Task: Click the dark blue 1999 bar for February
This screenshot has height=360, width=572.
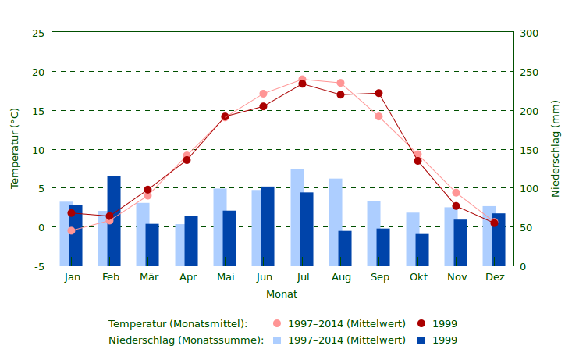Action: click(x=114, y=221)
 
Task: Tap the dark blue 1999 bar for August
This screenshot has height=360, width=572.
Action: click(x=345, y=248)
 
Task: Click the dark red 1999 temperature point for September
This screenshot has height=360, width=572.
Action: click(x=379, y=93)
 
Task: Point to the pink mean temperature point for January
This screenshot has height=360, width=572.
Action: click(x=71, y=230)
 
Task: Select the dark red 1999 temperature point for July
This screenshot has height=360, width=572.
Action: click(x=302, y=84)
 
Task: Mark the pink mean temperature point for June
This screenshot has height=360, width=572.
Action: click(x=263, y=94)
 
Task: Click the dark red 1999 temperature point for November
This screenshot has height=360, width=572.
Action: click(x=456, y=206)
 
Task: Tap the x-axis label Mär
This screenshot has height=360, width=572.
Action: click(x=148, y=277)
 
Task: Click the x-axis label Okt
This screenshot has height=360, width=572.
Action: click(x=418, y=277)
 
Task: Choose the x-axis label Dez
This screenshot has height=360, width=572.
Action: click(x=495, y=277)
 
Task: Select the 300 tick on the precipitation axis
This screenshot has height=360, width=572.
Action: click(x=529, y=33)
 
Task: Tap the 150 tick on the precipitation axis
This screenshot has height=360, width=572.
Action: click(x=529, y=150)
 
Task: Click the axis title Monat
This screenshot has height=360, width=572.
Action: click(x=282, y=294)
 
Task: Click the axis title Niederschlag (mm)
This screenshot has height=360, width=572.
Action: click(x=556, y=148)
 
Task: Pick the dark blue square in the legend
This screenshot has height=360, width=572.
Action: click(x=421, y=340)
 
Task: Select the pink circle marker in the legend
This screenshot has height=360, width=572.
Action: click(x=277, y=323)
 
